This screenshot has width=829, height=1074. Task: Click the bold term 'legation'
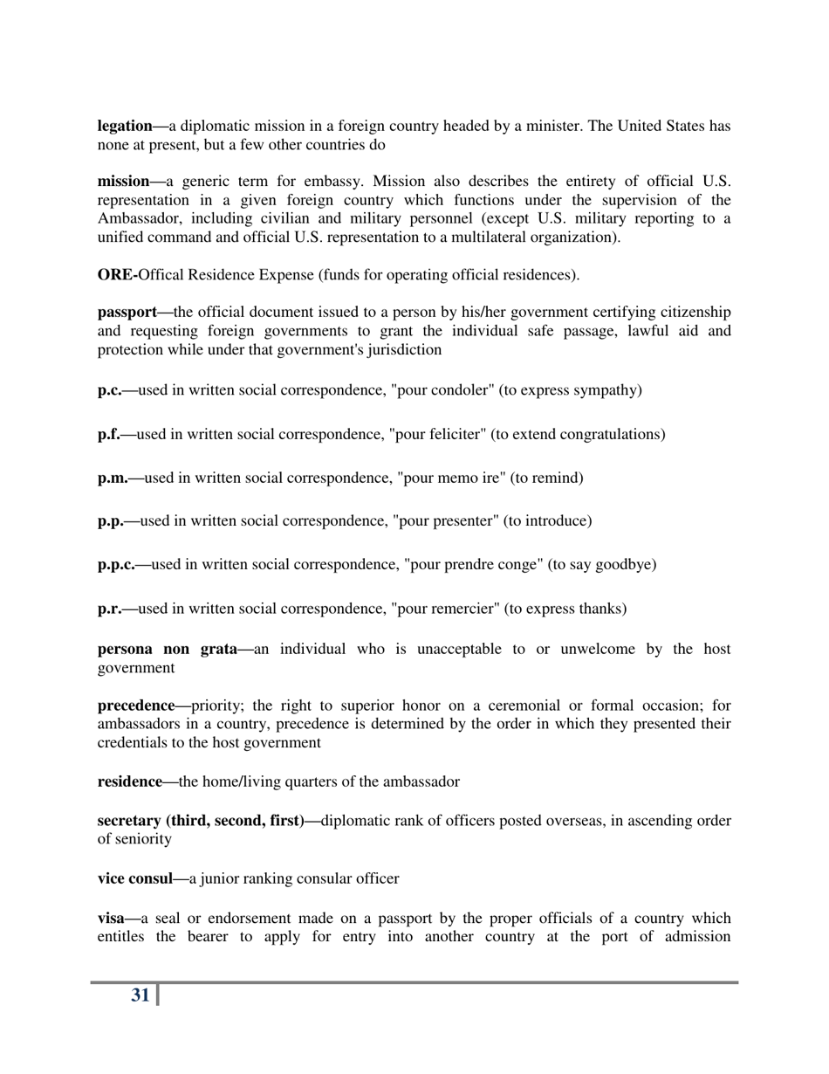pos(126,126)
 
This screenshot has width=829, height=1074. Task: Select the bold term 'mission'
pos(123,182)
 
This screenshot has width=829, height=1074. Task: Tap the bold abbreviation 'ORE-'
pos(117,275)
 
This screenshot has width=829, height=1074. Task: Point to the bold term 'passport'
pos(127,313)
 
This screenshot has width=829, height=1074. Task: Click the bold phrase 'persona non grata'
pos(167,649)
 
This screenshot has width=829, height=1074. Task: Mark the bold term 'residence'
pos(129,781)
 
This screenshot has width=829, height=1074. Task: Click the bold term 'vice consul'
pos(134,878)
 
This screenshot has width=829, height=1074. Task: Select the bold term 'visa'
pos(112,919)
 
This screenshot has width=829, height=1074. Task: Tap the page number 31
pos(140,995)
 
